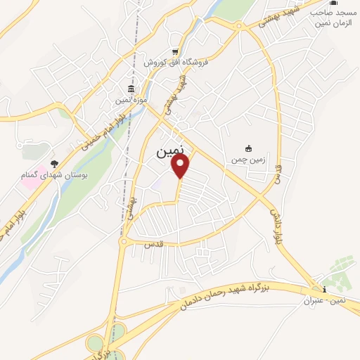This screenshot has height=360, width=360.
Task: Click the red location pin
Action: coord(181,166)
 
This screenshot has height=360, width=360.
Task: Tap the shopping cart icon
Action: coord(175,51)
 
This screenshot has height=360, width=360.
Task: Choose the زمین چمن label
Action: coord(248,160)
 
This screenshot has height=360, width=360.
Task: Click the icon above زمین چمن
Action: coord(248,148)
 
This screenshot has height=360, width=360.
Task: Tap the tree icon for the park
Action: coord(55,162)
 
